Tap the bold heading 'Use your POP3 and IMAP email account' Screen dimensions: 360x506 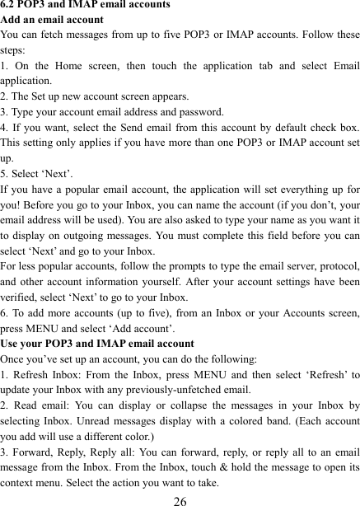pos(97,342)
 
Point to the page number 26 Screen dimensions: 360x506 pos(180,499)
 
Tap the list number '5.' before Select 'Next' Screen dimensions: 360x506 pos(6,173)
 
